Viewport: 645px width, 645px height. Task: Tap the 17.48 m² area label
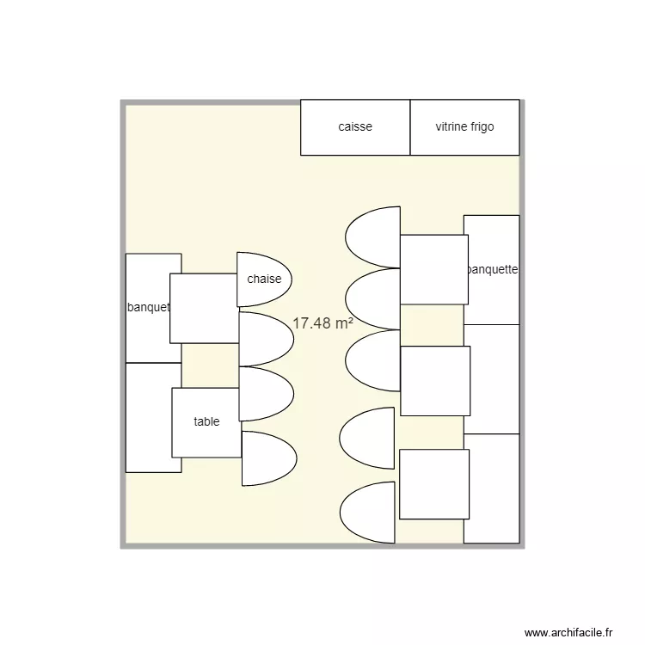(323, 323)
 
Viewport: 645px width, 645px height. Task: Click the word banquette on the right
(492, 269)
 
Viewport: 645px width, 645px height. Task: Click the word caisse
(355, 127)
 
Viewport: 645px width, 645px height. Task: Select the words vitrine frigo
(464, 127)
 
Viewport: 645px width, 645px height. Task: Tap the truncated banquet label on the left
(148, 308)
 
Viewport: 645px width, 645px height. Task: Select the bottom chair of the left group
(268, 458)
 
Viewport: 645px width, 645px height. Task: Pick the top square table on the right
(433, 269)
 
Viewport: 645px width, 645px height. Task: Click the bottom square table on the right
(433, 484)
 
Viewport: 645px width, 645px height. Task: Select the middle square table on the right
(435, 380)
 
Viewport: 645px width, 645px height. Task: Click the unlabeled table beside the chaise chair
(204, 308)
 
